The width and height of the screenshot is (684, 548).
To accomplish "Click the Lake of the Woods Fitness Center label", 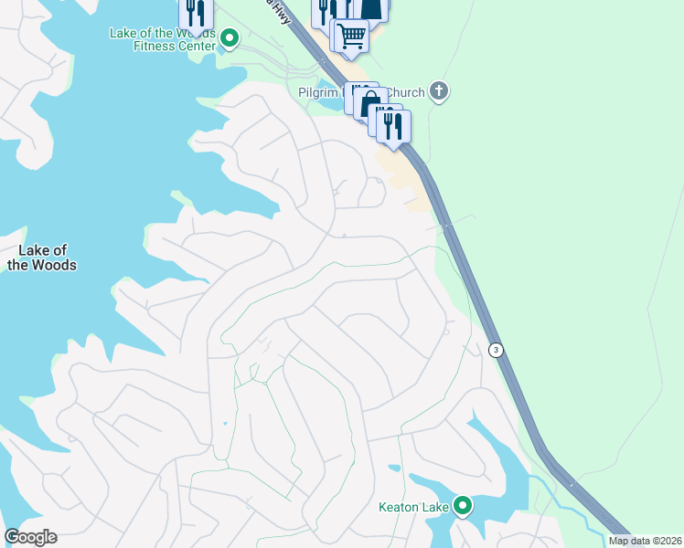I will pos(162,40).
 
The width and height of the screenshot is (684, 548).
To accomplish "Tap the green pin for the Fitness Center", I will pos(230,39).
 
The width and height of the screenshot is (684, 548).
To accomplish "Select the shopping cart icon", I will pos(351,37).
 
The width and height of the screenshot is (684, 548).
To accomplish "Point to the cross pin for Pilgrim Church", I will pos(439,91).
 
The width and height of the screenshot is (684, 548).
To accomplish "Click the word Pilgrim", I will pos(318,92).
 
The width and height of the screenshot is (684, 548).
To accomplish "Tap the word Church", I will pos(405,92).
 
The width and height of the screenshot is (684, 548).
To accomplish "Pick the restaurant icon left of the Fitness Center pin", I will pos(196,14).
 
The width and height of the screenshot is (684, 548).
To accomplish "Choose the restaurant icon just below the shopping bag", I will pos(393,126).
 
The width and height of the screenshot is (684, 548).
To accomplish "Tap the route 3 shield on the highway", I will pos(496,350).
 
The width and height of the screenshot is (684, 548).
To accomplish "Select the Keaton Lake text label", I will pos(414,506).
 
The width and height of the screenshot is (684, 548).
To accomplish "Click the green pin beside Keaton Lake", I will pos(463,505).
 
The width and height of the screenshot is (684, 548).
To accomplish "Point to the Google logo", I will pos(30,537).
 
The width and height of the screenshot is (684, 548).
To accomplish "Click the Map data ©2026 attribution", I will pos(645,541).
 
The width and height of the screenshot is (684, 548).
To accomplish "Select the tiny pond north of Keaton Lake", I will pos(395,469).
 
